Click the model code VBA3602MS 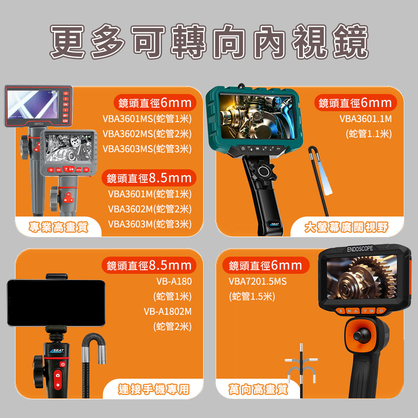pyautogui.click(x=127, y=134)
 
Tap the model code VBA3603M pyautogui.click(x=130, y=224)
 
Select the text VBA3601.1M pyautogui.click(x=365, y=119)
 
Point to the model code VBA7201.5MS pyautogui.click(x=257, y=281)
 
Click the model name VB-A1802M pyautogui.click(x=168, y=311)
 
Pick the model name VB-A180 pyautogui.click(x=174, y=281)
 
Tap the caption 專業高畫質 pyautogui.click(x=59, y=227)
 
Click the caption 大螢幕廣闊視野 pyautogui.click(x=347, y=227)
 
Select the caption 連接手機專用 pyautogui.click(x=154, y=390)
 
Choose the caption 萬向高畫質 pyautogui.click(x=258, y=390)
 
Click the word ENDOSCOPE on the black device pyautogui.click(x=360, y=249)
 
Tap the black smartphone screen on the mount pyautogui.click(x=56, y=303)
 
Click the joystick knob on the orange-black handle pyautogui.click(x=362, y=335)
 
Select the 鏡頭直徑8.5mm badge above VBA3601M pyautogui.click(x=149, y=178)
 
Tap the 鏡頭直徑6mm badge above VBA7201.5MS pyautogui.click(x=265, y=265)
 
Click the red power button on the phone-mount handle pyautogui.click(x=63, y=364)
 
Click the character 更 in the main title pyautogui.click(x=68, y=41)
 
